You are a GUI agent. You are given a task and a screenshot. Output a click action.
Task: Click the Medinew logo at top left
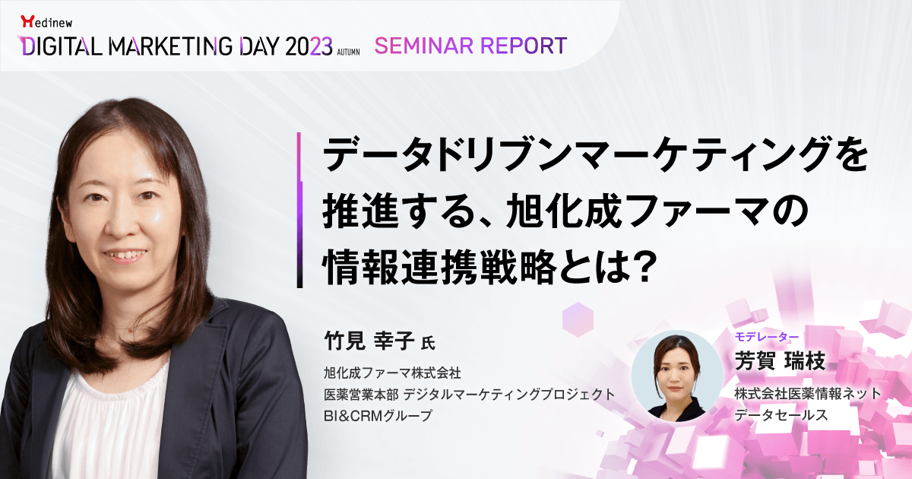click(46, 21)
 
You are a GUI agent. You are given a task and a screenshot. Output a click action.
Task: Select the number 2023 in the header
click(309, 46)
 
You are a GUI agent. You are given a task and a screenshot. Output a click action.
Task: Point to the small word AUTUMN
click(348, 52)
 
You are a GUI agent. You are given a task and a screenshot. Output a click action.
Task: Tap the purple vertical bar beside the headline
click(299, 210)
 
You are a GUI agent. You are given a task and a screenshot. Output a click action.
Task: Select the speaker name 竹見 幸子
click(369, 341)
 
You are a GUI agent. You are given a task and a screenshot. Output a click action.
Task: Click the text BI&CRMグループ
click(378, 415)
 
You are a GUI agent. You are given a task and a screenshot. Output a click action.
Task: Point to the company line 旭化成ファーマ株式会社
click(392, 373)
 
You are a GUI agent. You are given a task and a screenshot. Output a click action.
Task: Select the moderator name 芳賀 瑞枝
click(780, 361)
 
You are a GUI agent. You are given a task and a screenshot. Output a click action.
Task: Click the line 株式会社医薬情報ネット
click(808, 394)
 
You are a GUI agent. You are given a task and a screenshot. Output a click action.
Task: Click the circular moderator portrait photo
click(677, 376)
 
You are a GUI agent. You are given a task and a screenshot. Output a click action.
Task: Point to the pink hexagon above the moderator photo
click(578, 320)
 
